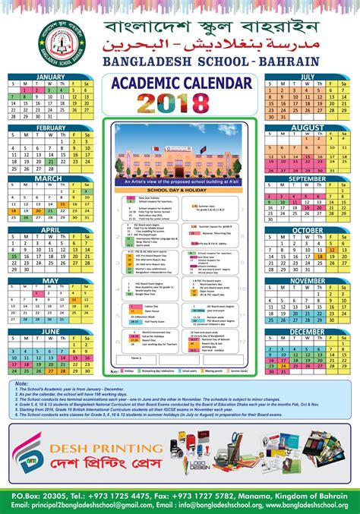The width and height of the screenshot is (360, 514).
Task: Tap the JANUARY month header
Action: [50, 77]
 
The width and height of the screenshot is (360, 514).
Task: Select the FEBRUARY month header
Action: [50, 128]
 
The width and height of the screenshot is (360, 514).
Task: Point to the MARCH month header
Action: [50, 178]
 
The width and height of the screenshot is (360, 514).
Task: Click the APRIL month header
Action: [50, 229]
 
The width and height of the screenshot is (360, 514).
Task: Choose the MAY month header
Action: [50, 280]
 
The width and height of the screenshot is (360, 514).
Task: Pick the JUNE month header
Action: [50, 331]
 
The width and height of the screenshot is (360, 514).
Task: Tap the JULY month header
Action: [308, 77]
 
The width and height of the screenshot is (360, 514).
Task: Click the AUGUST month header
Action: [308, 128]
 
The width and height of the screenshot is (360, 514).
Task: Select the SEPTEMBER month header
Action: [308, 178]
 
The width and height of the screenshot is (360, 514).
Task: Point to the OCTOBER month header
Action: [308, 229]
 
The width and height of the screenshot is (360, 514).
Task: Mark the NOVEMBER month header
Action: [308, 280]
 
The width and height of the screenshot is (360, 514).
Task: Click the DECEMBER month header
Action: [308, 331]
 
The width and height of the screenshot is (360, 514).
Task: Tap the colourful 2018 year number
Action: [179, 102]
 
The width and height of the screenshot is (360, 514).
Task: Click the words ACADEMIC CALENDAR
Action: [179, 82]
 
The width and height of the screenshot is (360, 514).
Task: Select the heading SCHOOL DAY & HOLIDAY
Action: [179, 190]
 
